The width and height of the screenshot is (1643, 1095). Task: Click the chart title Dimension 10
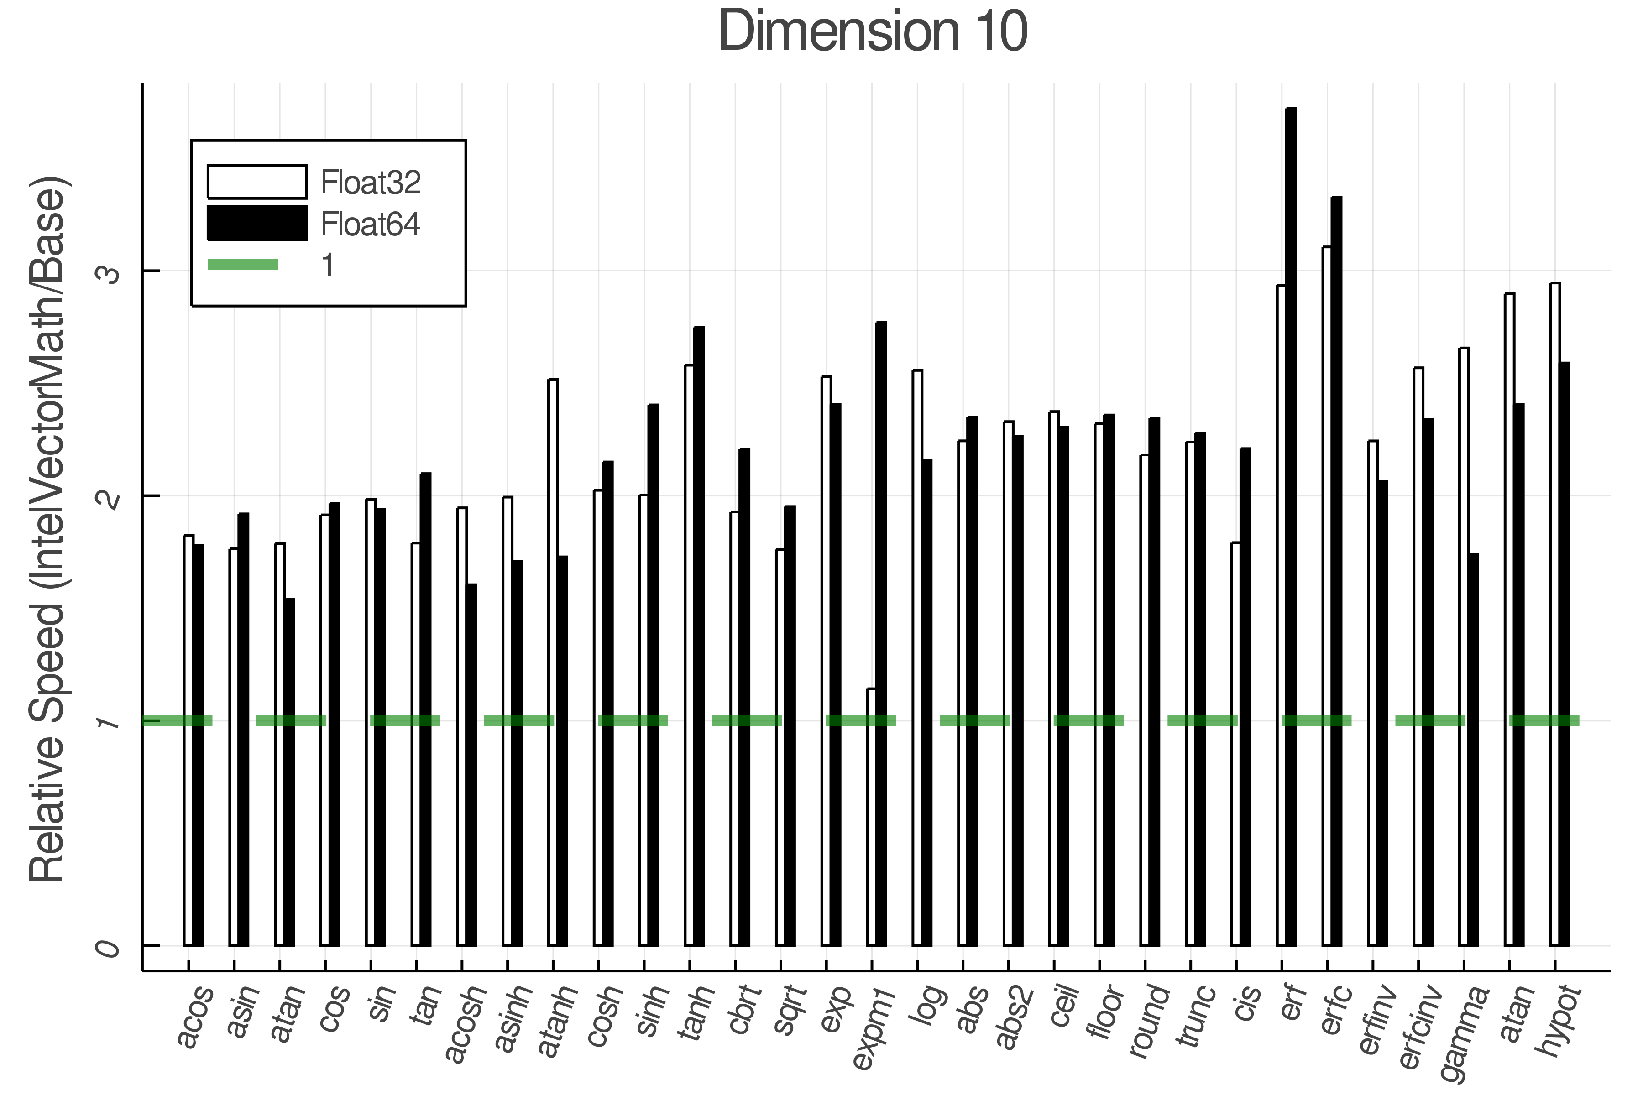click(x=873, y=31)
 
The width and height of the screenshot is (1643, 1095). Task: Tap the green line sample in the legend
click(x=243, y=265)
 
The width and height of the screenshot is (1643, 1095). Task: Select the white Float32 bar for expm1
click(x=871, y=817)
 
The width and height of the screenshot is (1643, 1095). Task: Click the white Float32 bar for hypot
click(x=1555, y=615)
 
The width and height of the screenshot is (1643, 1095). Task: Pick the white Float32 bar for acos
click(x=188, y=740)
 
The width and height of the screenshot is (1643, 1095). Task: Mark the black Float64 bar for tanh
click(x=699, y=636)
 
